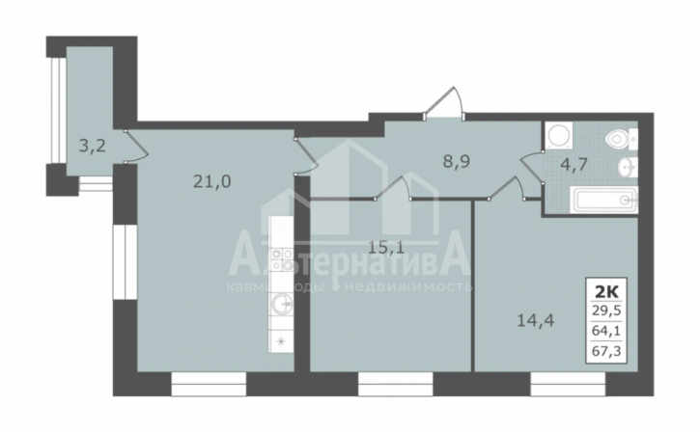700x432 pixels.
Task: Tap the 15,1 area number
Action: pyautogui.click(x=386, y=246)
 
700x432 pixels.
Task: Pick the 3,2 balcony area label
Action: pyautogui.click(x=93, y=148)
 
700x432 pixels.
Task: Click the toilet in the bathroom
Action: pyautogui.click(x=616, y=141)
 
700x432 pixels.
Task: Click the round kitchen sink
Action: pyautogui.click(x=280, y=307)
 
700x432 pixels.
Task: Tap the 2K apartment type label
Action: pyautogui.click(x=605, y=288)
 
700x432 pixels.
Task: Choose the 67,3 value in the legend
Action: pyautogui.click(x=605, y=353)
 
